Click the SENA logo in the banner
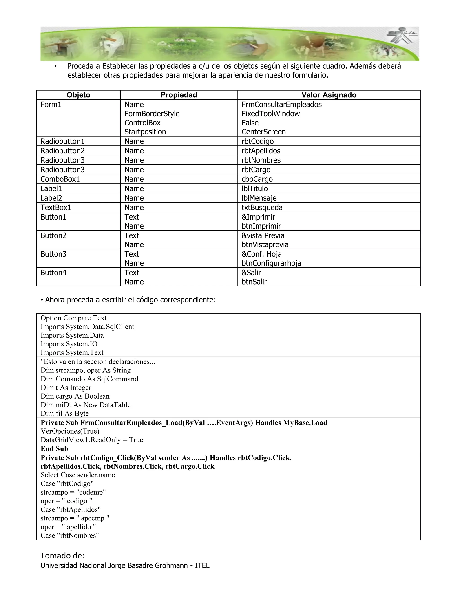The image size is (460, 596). pos(402,36)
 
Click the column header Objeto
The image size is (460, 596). pos(78,95)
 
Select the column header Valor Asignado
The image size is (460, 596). pos(329,95)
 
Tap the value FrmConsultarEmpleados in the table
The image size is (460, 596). pos(281,105)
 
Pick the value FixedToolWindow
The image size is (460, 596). pos(271,114)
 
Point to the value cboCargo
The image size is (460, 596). pos(257,179)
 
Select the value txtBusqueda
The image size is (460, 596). pos(262,207)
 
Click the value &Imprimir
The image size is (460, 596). pos(258,217)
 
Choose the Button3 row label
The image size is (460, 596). pos(53,254)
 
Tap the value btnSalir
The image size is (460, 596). pos(254,282)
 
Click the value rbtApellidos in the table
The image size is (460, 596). pos(261,151)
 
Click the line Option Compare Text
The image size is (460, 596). pos(74,318)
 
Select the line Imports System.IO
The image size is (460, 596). pos(69,344)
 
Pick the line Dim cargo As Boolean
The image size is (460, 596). pos(75,396)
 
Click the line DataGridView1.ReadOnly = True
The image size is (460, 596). pos(92,440)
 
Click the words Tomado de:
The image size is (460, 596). pos(62,555)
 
